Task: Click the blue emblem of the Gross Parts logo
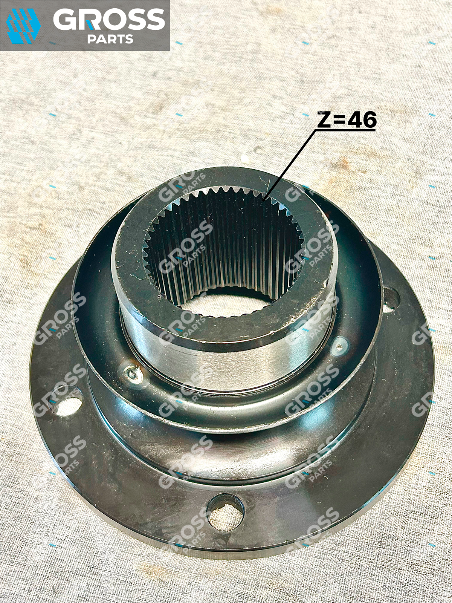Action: point(23,26)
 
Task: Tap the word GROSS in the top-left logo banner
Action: point(109,19)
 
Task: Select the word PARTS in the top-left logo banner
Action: point(110,39)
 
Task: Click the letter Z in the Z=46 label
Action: point(324,119)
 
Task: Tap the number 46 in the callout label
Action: point(362,119)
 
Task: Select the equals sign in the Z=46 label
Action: point(339,120)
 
